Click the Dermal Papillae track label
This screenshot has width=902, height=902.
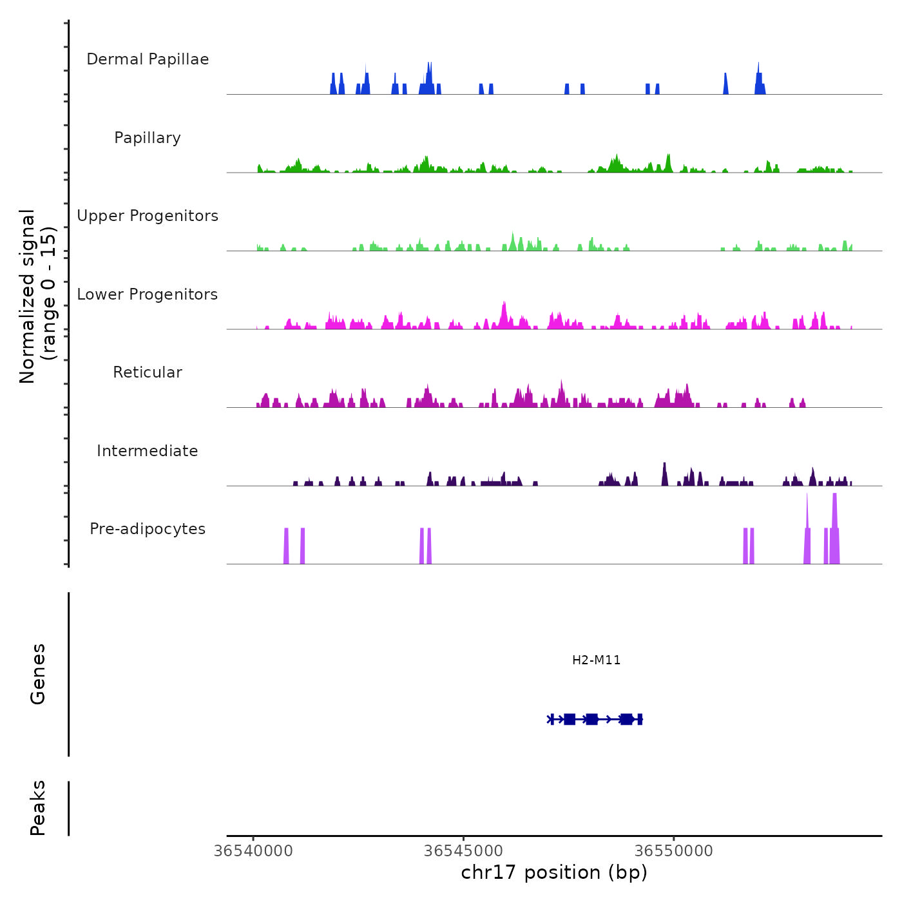(x=148, y=59)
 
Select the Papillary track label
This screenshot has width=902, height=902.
(x=148, y=138)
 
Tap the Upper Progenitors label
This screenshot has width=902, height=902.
(x=148, y=216)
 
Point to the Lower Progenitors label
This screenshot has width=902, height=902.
(x=148, y=294)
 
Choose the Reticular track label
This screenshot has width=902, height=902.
(x=148, y=372)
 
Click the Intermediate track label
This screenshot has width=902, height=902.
(x=148, y=451)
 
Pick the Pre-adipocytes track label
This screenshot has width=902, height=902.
(x=148, y=529)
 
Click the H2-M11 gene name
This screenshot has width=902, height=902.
(x=596, y=660)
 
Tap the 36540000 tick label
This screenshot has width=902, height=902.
(x=253, y=851)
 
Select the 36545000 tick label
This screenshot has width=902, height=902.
(x=464, y=851)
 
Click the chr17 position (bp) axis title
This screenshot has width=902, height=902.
(x=554, y=872)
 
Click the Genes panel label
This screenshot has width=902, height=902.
(x=38, y=674)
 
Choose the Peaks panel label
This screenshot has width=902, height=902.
(x=38, y=808)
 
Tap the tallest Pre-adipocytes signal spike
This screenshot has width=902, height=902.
(x=834, y=515)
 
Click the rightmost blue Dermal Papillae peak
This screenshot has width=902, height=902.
(x=760, y=81)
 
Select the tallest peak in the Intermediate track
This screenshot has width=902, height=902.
(x=664, y=473)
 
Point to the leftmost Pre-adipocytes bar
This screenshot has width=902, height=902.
(x=286, y=546)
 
